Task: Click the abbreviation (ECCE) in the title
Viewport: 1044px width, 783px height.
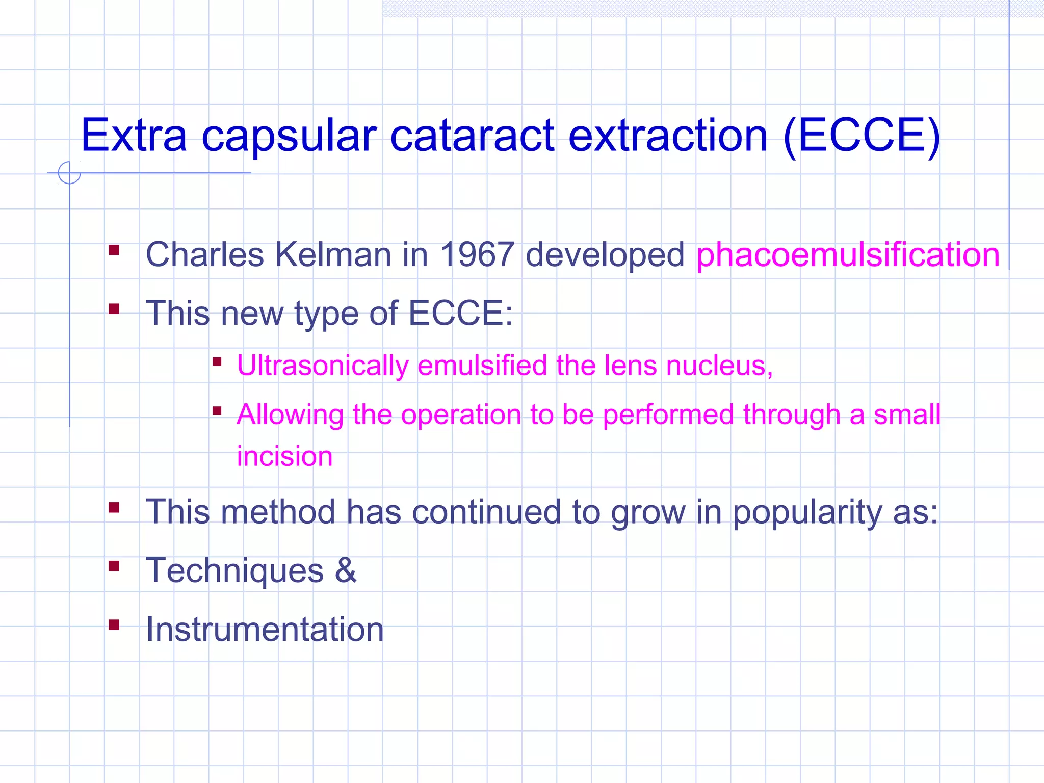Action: click(862, 136)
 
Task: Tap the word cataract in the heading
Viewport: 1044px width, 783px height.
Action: click(472, 136)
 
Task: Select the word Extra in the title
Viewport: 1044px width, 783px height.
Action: click(134, 136)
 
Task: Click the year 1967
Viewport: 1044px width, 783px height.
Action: click(477, 254)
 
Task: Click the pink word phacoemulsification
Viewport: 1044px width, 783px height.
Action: click(848, 254)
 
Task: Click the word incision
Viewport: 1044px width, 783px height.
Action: click(284, 456)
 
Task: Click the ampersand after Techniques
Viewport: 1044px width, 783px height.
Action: click(346, 570)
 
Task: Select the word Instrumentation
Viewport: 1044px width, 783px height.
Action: click(265, 629)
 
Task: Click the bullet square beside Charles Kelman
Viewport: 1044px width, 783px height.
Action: click(114, 250)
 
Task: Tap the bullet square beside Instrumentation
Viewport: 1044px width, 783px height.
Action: click(114, 624)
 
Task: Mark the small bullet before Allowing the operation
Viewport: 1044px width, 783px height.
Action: click(217, 410)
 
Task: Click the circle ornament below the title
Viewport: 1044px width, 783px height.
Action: click(69, 172)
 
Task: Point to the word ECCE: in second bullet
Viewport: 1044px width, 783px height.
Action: click(460, 313)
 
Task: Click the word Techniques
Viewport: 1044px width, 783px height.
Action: click(234, 570)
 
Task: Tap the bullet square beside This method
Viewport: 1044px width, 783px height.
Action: click(114, 507)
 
